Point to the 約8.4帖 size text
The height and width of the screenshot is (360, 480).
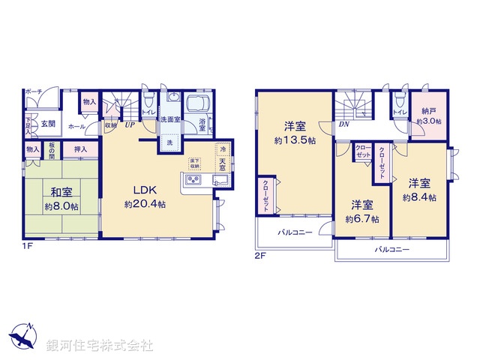pos(418,198)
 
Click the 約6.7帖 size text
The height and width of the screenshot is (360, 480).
pos(362,219)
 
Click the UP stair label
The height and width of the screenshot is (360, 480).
pos(130,125)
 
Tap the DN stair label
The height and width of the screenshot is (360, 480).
pos(343,125)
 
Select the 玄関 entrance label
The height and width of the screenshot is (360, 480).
pos(48,124)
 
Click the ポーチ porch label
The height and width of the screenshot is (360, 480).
pos(33,91)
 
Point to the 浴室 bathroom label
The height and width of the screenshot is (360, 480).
pos(202,124)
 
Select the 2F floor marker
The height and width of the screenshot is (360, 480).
pos(259,255)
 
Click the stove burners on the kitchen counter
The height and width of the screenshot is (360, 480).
pos(193,181)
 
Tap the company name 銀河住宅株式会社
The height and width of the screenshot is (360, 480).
pos(100,346)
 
